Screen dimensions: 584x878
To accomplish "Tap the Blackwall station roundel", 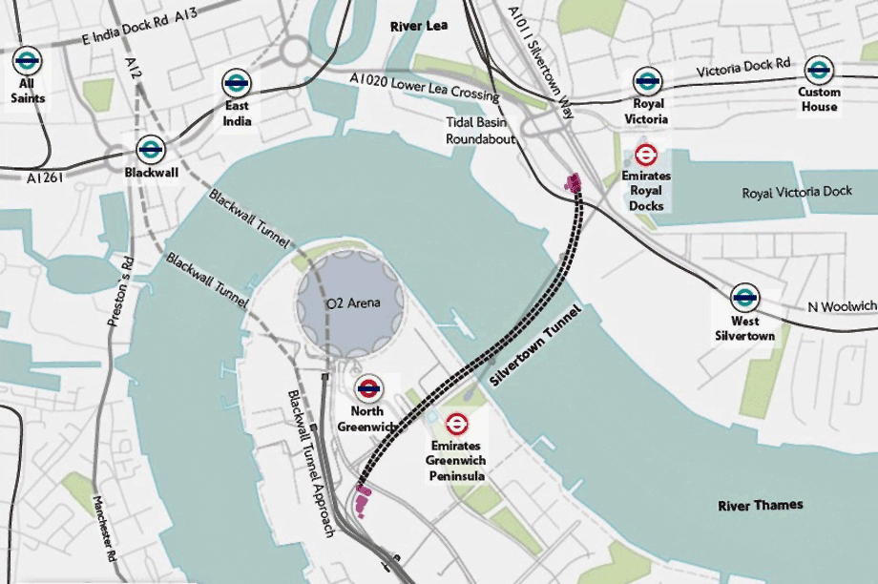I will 150,148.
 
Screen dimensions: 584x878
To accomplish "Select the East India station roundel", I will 238,83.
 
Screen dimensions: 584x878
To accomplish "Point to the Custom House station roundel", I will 819,70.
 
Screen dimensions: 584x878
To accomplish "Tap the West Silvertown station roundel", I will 745,297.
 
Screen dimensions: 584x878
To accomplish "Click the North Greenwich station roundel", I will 369,387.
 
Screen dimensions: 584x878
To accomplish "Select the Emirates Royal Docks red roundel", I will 647,155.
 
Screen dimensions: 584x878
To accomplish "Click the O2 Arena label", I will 353,303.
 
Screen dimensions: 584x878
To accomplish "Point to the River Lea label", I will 419,27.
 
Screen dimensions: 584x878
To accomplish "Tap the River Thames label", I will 761,504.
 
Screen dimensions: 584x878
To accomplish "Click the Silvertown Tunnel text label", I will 534,346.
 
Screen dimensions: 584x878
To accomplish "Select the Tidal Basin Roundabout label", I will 481,130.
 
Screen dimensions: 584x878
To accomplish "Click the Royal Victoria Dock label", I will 796,193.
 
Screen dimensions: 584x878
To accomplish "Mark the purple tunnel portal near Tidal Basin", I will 573,181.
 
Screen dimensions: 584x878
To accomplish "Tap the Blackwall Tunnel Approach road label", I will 310,463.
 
